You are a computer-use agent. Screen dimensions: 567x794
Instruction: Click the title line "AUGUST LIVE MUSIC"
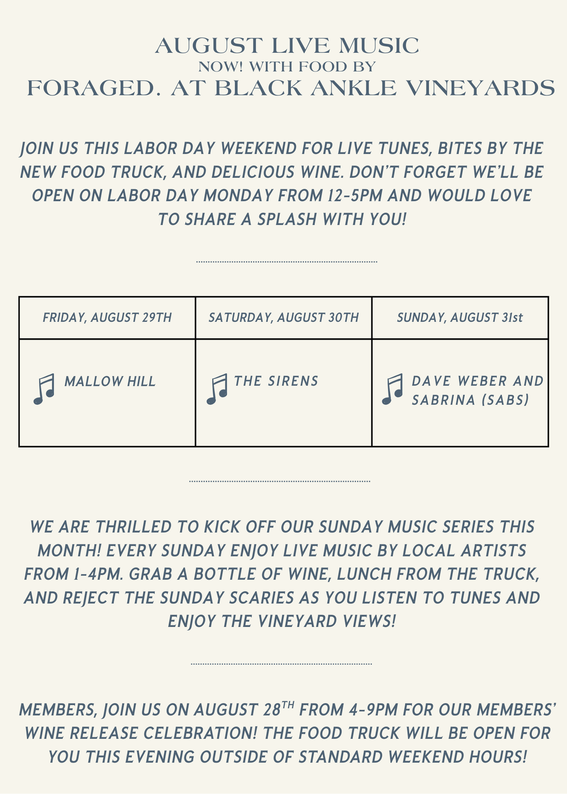[287, 46]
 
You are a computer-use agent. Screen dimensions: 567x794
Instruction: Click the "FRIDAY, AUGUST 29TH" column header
[107, 318]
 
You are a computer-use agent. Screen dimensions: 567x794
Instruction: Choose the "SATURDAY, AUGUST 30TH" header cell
[283, 318]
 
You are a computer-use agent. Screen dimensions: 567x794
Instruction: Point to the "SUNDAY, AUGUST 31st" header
[460, 318]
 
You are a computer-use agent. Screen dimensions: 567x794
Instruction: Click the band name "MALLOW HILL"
[110, 382]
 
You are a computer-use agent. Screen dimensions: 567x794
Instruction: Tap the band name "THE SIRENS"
[276, 381]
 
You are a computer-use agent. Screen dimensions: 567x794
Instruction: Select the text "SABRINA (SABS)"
[471, 400]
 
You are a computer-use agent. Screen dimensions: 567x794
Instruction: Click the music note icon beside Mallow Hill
[44, 389]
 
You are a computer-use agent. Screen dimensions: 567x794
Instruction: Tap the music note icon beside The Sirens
[217, 389]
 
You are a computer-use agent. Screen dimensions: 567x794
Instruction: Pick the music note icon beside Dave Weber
[393, 389]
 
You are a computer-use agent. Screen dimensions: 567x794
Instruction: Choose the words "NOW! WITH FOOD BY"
[287, 67]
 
